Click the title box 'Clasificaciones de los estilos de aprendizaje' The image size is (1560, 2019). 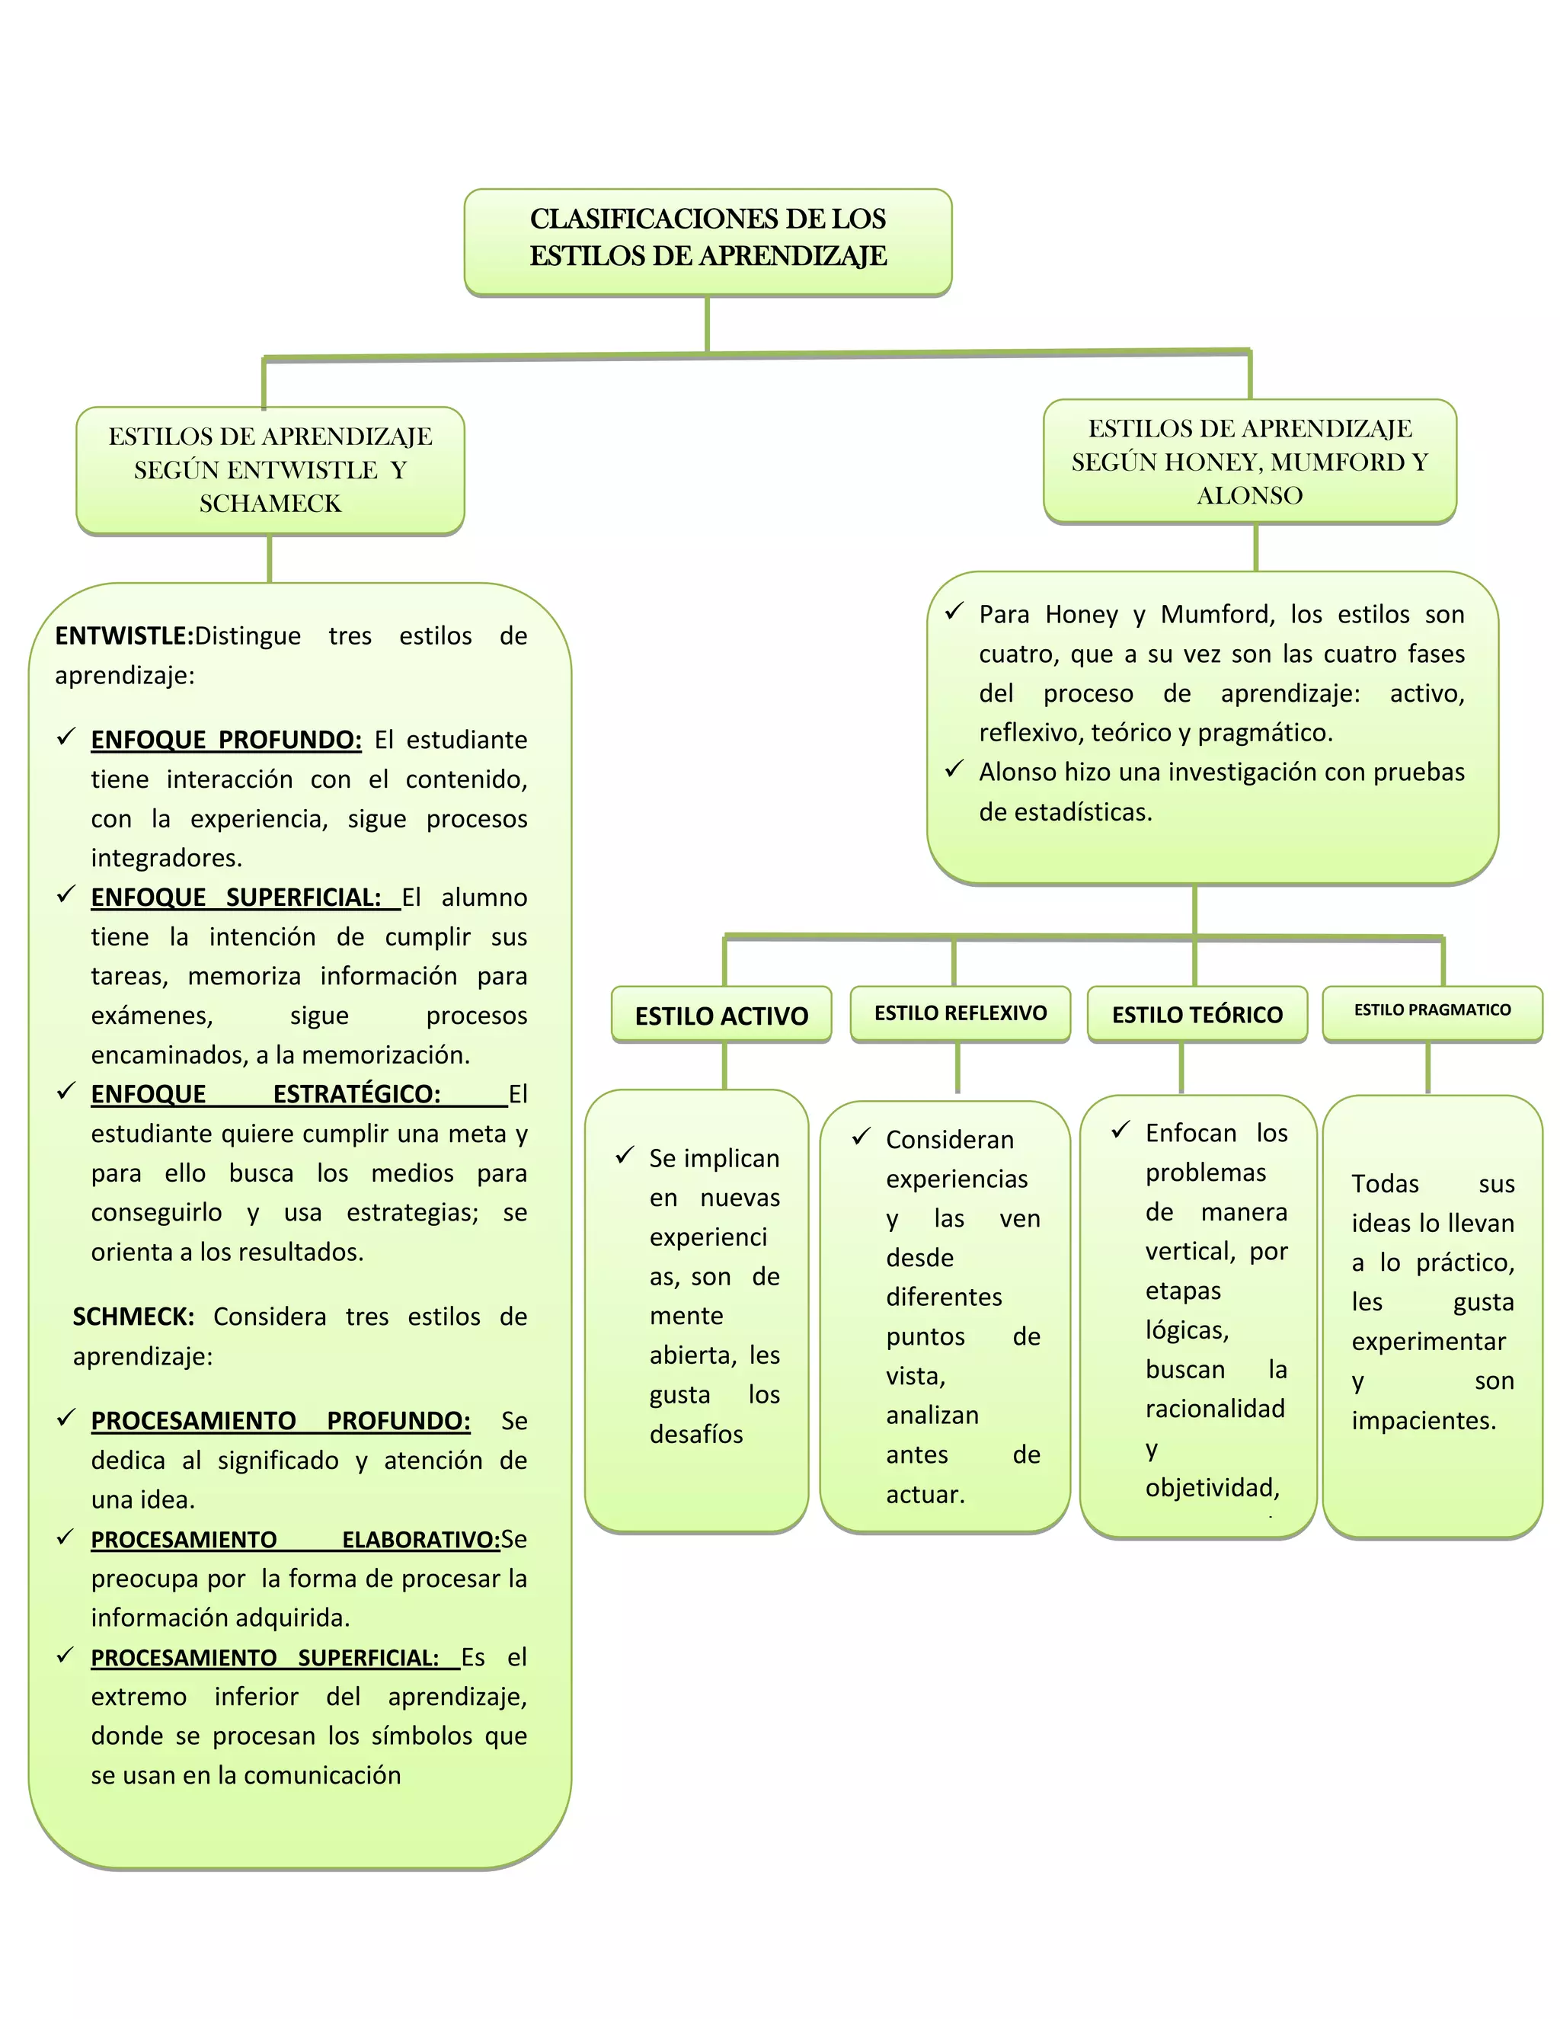click(708, 242)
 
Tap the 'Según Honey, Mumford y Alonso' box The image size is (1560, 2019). click(1249, 461)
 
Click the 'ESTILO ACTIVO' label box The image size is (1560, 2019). click(721, 1015)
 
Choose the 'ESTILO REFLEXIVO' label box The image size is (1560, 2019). click(961, 1013)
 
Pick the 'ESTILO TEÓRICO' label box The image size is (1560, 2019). click(1197, 1014)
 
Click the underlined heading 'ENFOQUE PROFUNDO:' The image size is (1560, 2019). click(225, 740)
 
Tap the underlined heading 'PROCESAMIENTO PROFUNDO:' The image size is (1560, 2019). click(280, 1420)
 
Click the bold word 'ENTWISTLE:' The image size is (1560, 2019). click(124, 636)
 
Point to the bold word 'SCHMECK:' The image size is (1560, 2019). click(133, 1317)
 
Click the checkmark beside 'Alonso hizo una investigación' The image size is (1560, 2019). click(954, 770)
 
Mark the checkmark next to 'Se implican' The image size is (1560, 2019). click(625, 1156)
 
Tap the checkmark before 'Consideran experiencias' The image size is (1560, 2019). click(862, 1137)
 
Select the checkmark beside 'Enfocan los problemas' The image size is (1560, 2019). click(1121, 1130)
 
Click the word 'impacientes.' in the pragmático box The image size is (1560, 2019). click(1423, 1420)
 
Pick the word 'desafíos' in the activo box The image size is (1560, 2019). click(696, 1434)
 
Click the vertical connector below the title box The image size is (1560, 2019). click(707, 324)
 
